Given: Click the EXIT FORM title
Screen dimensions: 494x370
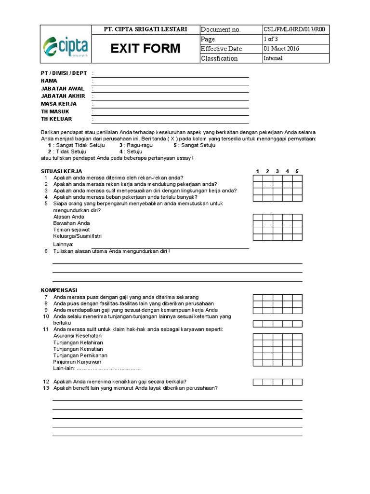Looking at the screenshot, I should coord(145,49).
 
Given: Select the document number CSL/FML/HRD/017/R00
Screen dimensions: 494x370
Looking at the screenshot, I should coord(294,29).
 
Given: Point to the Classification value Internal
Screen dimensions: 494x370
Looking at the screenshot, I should coord(273,58).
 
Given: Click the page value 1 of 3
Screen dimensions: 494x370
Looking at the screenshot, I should coord(271,39).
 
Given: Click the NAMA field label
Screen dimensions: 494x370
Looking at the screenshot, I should coord(49,81).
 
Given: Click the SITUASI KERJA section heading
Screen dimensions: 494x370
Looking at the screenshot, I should coord(61,171).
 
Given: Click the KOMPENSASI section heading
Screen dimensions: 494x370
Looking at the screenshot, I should coord(59,290).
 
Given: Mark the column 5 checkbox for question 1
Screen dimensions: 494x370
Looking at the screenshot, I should coord(297,178).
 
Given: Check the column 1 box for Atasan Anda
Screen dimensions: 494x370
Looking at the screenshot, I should coord(258,217).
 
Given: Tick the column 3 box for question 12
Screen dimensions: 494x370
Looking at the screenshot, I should coord(278,382).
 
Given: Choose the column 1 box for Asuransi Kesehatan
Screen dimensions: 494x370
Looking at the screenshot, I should coord(258,336).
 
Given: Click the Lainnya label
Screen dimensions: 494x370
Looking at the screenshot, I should coord(64,245).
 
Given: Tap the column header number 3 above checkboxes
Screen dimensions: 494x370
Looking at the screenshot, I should coord(277,171).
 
